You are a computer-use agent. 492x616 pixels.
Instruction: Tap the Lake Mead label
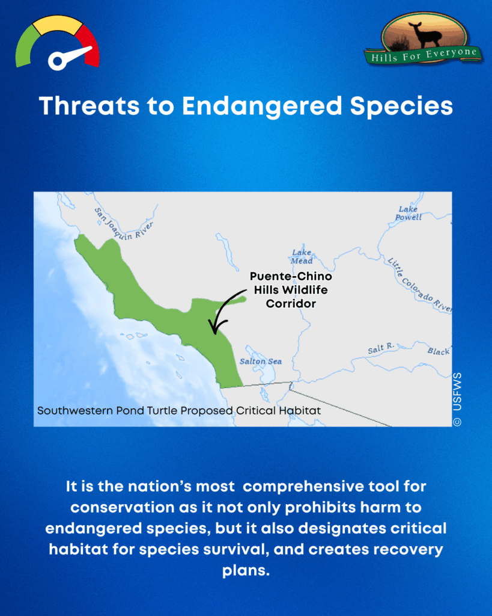302,257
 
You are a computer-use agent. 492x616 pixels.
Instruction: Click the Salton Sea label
260,362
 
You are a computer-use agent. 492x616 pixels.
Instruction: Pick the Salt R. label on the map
380,348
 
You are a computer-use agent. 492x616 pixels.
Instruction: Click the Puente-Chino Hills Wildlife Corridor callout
291,290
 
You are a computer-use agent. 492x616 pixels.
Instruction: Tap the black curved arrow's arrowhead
213,329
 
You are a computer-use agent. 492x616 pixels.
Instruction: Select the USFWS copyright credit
457,399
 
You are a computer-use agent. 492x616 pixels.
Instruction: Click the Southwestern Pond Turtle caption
178,411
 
